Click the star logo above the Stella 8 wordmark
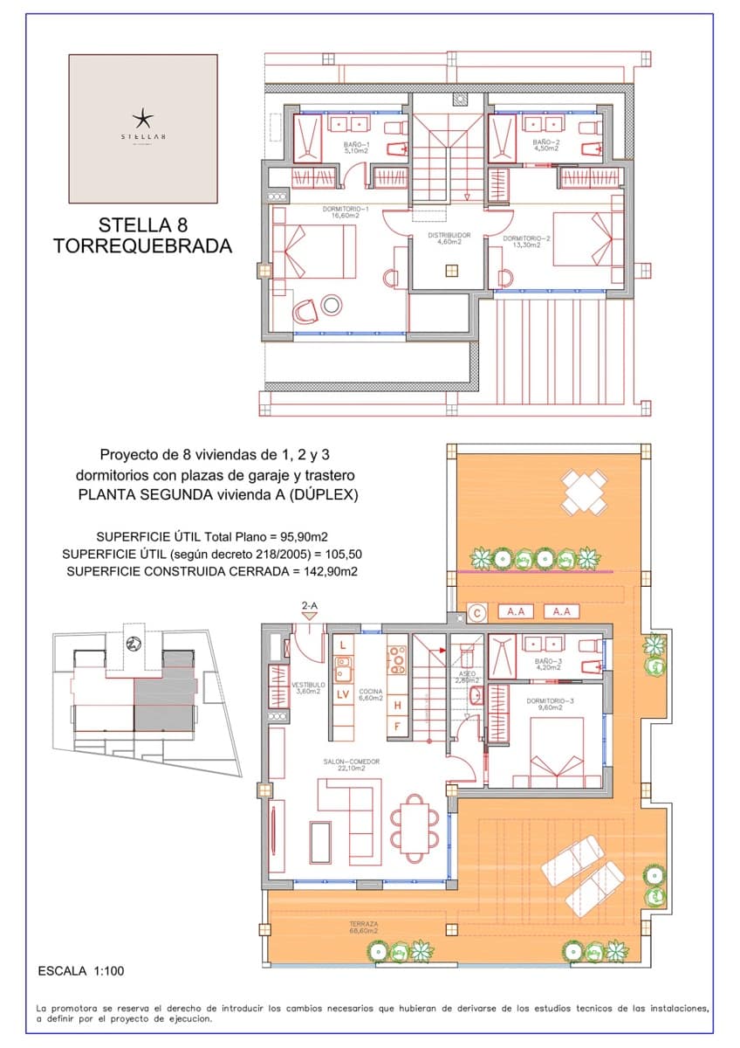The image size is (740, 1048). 142,117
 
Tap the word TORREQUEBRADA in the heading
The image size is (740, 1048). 142,246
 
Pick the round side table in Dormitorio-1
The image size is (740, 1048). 332,305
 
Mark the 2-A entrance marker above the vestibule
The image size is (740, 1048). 309,605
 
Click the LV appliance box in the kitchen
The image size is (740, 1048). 343,694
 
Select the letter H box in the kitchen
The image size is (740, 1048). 397,705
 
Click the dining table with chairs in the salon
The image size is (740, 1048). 415,824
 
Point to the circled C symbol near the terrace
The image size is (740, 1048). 477,612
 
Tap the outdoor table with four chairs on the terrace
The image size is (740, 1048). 584,492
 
